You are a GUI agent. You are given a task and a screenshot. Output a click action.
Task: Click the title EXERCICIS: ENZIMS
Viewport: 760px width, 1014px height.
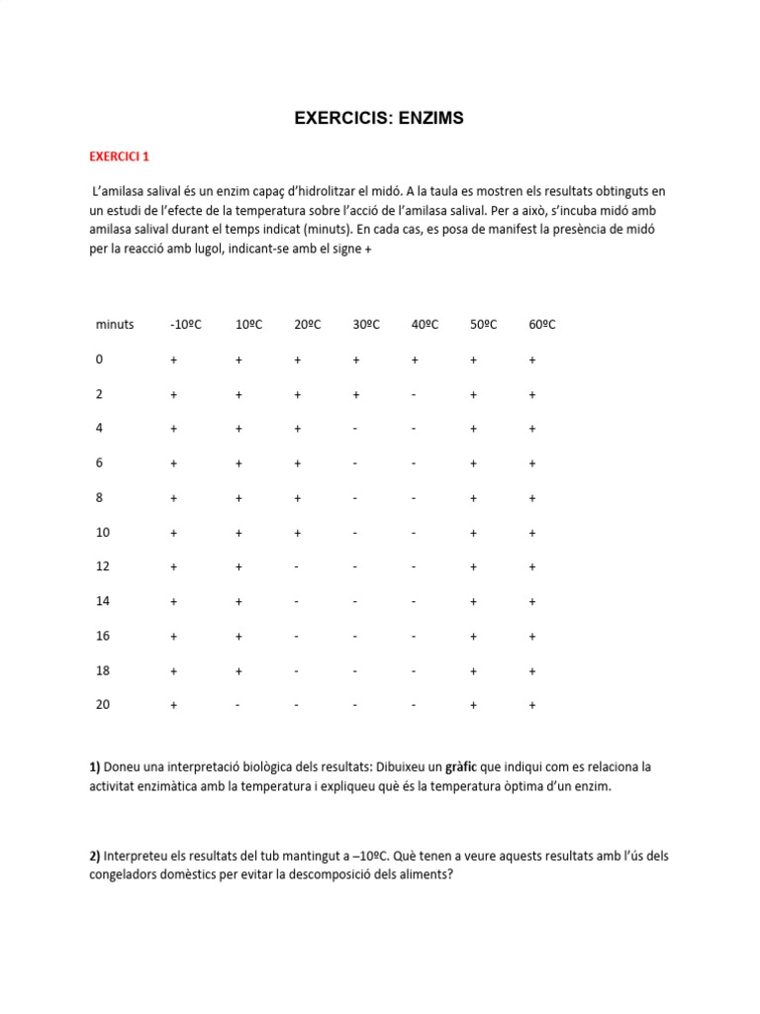click(x=379, y=119)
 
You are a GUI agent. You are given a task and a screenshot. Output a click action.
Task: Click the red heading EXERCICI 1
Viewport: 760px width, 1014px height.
click(x=120, y=156)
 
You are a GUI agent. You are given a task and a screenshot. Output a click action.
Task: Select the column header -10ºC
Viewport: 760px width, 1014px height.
click(x=186, y=325)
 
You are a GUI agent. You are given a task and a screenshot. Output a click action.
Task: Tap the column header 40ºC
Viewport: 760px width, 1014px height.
click(x=426, y=325)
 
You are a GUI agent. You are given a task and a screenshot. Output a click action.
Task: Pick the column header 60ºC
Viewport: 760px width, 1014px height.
click(x=542, y=325)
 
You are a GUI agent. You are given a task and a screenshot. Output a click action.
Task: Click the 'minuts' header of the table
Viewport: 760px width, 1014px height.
click(x=115, y=325)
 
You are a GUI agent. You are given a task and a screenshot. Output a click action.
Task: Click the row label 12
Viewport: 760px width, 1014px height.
click(x=103, y=566)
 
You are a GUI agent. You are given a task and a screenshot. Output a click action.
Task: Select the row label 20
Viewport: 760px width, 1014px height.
click(x=103, y=705)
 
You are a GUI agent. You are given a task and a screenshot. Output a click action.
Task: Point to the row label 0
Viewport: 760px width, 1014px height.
click(x=99, y=359)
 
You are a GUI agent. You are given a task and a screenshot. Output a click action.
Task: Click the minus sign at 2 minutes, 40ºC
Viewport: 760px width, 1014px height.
click(x=414, y=395)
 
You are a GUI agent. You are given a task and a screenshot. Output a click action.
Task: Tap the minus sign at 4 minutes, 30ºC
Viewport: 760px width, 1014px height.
click(x=355, y=430)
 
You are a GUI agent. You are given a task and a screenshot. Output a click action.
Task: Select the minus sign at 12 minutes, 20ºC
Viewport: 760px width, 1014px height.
click(x=297, y=567)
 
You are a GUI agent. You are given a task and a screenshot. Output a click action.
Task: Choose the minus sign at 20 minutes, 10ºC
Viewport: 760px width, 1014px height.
click(x=238, y=706)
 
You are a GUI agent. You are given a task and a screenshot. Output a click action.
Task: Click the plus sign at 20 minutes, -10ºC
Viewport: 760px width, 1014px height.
click(x=174, y=706)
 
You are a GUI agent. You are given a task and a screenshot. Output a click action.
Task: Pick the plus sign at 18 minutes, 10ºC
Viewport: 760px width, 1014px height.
click(x=238, y=671)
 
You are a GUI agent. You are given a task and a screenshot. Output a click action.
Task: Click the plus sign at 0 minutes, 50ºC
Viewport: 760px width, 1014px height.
click(x=474, y=360)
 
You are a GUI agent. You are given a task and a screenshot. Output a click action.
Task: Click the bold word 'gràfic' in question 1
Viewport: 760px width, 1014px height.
click(x=462, y=767)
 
